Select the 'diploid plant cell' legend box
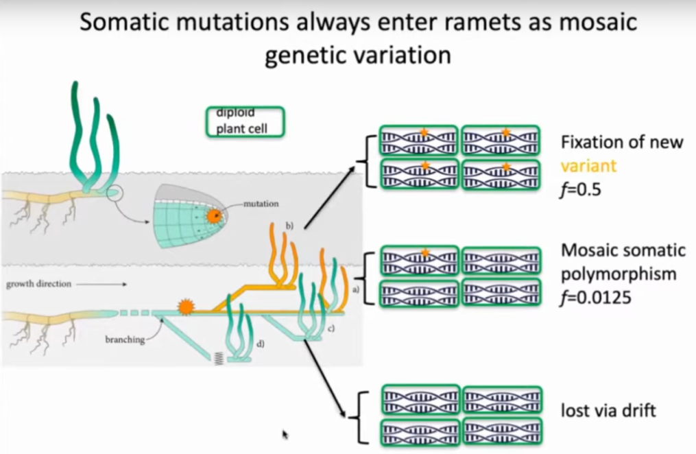pos(245,122)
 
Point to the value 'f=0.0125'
pos(595,298)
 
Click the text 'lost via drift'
pos(608,411)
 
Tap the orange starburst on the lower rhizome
pos(184,307)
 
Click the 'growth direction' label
pos(39,283)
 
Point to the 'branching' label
pos(123,339)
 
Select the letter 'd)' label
pos(260,343)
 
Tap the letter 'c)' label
pos(330,328)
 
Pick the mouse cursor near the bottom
pos(285,434)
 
